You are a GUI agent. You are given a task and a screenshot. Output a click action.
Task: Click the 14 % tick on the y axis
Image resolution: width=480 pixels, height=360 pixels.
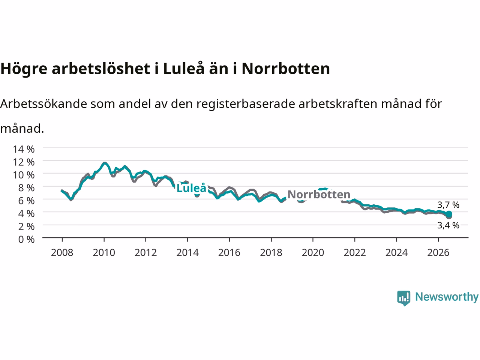point(24,149)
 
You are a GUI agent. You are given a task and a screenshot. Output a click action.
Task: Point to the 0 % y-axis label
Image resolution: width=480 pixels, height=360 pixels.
point(26,240)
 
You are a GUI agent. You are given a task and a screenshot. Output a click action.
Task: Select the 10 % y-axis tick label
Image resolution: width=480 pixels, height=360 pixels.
point(24,175)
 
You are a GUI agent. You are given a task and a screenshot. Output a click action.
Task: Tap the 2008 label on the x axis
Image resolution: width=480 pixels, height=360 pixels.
point(62,253)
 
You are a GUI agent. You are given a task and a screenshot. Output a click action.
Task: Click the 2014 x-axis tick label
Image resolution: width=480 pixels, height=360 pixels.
point(187,253)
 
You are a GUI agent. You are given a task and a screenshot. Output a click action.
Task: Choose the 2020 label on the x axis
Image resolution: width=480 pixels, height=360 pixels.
point(313,253)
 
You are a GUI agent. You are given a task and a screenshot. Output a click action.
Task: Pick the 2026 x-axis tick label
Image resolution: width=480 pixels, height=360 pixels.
point(438,253)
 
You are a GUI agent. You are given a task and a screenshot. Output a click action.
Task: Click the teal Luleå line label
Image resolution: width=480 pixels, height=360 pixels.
point(191,188)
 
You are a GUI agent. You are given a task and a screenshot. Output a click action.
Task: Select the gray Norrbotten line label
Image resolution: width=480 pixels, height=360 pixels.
point(319,194)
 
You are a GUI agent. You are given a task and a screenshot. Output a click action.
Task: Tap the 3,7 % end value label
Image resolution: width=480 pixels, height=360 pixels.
point(448,205)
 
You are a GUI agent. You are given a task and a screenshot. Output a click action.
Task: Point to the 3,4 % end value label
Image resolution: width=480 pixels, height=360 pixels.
point(448,225)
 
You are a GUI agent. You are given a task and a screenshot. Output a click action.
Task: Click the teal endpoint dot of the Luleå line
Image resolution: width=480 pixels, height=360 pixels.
point(449,214)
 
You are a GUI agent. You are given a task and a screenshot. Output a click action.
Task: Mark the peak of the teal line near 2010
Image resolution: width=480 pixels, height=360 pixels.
point(105,163)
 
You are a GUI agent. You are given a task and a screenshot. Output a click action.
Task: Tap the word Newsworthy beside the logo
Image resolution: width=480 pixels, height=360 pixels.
point(447,297)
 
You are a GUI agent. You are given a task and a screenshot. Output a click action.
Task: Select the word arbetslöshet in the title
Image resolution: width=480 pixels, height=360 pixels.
point(101,69)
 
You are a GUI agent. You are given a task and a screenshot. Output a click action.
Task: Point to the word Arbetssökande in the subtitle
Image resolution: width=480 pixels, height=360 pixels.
point(43,103)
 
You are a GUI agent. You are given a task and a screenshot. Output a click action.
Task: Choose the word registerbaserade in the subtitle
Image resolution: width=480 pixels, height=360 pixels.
point(245,104)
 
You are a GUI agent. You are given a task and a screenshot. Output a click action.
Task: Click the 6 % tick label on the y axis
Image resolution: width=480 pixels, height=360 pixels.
point(26,201)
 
